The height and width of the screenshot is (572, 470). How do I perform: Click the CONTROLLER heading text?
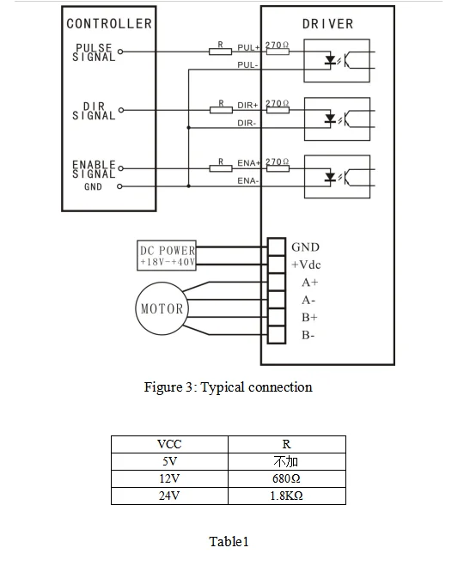point(109,24)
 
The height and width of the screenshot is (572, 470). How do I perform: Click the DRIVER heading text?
point(327,24)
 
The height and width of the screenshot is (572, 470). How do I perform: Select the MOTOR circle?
point(162,307)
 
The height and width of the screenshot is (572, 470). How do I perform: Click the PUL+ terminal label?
point(248,46)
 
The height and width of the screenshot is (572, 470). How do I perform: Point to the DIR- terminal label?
point(248,124)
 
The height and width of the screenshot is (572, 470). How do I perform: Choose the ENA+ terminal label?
point(249,161)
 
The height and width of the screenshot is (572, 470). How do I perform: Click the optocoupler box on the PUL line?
point(338,60)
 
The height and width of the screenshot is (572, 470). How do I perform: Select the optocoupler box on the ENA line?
point(338,176)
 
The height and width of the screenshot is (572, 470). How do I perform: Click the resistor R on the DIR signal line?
point(221,109)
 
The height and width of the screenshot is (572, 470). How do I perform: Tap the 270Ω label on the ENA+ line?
point(277,161)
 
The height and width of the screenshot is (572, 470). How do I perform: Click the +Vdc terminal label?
point(306,265)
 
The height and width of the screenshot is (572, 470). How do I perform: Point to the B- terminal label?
point(308,335)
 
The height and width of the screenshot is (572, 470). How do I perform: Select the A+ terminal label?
point(308,283)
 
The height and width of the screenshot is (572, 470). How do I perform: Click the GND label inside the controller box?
point(93,186)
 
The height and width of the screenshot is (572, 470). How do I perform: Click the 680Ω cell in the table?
point(286,478)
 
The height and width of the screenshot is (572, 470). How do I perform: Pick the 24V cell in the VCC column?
point(169,496)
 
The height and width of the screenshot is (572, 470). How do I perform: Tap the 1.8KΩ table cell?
point(286,496)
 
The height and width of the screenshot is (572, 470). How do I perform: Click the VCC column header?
point(169,444)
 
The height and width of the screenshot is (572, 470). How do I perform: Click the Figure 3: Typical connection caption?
point(228,387)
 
